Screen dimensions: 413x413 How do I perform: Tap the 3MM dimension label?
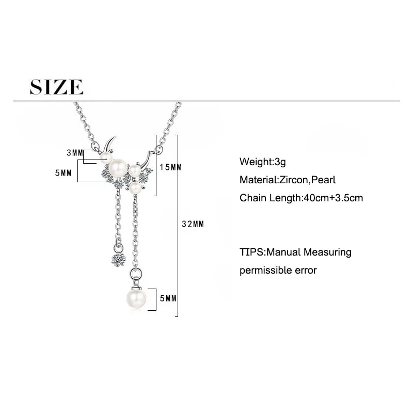tap(74, 153)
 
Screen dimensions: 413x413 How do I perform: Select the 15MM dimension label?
tap(171, 167)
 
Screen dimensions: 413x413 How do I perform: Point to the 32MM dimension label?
tap(194, 224)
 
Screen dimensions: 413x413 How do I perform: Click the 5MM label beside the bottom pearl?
tap(168, 298)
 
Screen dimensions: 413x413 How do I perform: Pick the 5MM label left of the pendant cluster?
tap(63, 173)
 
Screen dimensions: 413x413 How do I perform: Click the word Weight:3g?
tap(262, 162)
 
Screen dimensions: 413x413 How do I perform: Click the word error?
tap(306, 270)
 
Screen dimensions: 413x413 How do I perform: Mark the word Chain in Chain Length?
tap(251, 198)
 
